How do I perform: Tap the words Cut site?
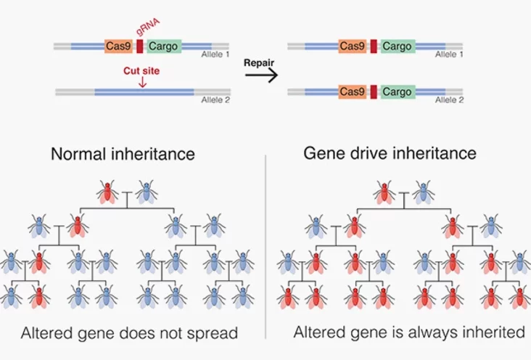tap(141, 71)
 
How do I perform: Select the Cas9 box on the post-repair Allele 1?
tap(353, 46)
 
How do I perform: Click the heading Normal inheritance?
tap(123, 154)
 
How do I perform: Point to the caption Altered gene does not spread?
tap(130, 333)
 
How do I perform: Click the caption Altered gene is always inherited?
tap(409, 332)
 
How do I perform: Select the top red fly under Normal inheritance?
tap(107, 192)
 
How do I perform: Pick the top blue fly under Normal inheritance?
tap(147, 192)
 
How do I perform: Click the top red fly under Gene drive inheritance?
tap(384, 192)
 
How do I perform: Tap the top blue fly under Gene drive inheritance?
tap(424, 192)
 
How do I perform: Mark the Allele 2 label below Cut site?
tap(215, 99)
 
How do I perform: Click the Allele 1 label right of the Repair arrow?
tap(450, 54)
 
